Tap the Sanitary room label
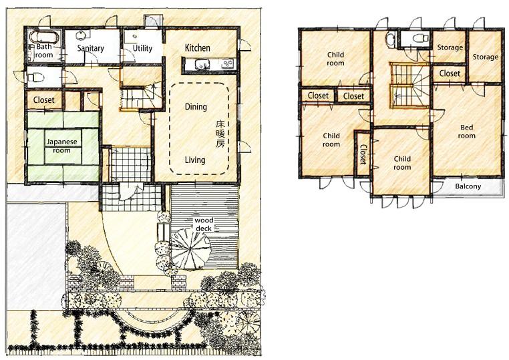click(90, 49)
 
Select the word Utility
click(142, 49)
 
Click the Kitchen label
click(197, 48)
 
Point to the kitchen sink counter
click(208, 65)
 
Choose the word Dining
click(195, 107)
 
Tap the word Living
click(195, 160)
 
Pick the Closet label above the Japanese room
click(43, 101)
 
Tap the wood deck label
click(204, 224)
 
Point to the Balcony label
click(468, 186)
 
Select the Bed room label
click(466, 132)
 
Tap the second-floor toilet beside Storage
click(418, 39)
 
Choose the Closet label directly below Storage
click(450, 73)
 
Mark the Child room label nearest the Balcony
click(401, 163)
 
